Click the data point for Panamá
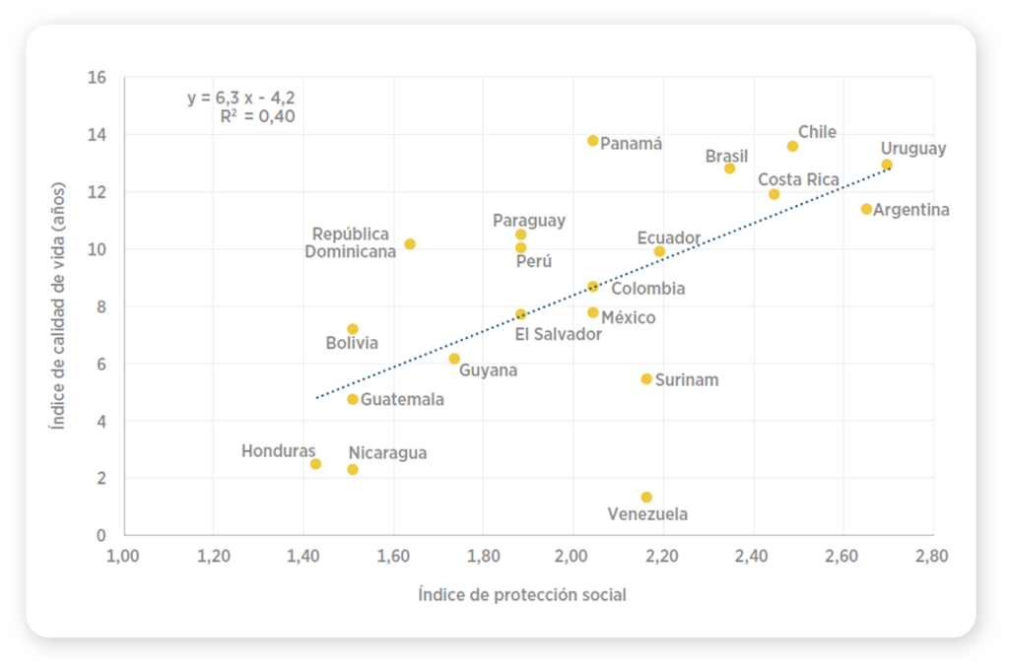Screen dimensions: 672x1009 pyautogui.click(x=593, y=141)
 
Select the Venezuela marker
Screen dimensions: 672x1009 pyautogui.click(x=646, y=498)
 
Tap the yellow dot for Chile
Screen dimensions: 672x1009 pyautogui.click(x=792, y=146)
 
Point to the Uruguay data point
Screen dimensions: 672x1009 pyautogui.click(x=887, y=165)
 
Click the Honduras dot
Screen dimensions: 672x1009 pyautogui.click(x=315, y=464)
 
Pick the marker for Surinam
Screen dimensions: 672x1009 pyautogui.click(x=646, y=379)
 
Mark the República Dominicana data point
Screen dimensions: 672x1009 pyautogui.click(x=410, y=243)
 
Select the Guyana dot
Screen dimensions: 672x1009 pyautogui.click(x=454, y=359)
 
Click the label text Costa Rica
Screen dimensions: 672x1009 pyautogui.click(x=798, y=179)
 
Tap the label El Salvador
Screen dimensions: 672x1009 pyautogui.click(x=559, y=334)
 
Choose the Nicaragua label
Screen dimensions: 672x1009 pyautogui.click(x=387, y=453)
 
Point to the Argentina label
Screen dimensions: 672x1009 pyautogui.click(x=911, y=210)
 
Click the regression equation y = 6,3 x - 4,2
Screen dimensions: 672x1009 pyautogui.click(x=241, y=98)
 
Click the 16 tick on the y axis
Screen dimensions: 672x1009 pyautogui.click(x=98, y=77)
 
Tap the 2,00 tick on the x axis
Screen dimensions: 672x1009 pyautogui.click(x=572, y=556)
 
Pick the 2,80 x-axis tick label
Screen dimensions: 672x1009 pyautogui.click(x=931, y=556)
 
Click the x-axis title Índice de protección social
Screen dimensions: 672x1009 pyautogui.click(x=522, y=594)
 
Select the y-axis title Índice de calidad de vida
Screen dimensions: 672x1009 pyautogui.click(x=58, y=305)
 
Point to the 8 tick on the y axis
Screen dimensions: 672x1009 pyautogui.click(x=101, y=306)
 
